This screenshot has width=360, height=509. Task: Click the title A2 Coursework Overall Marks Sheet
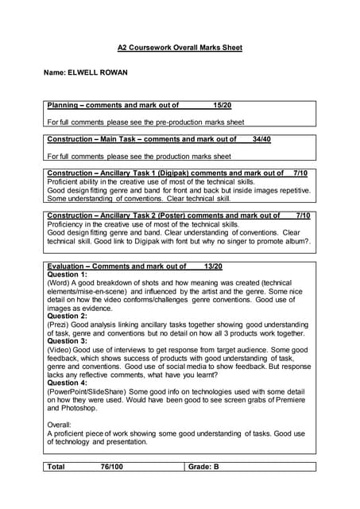point(180,48)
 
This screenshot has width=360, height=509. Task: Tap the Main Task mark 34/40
point(261,139)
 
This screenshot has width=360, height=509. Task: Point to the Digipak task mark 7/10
point(300,173)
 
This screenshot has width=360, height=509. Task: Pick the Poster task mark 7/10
point(302,216)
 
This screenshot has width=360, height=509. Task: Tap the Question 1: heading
point(68,274)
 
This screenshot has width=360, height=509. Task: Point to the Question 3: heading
point(68,341)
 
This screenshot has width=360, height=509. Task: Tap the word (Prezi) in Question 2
point(60,324)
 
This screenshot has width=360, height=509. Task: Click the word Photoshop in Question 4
point(80,409)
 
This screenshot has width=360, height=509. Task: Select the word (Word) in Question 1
point(60,283)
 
